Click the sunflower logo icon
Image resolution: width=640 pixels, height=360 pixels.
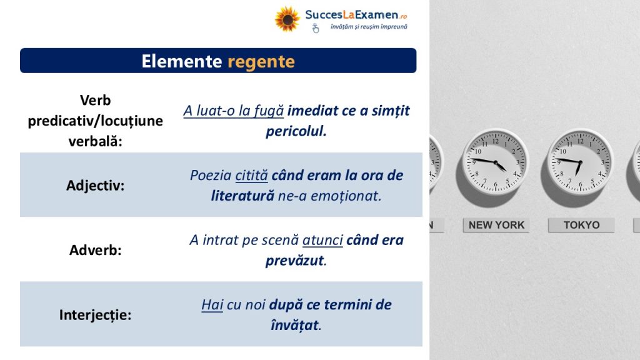coord(287,19)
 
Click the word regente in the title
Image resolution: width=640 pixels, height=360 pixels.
coord(261,62)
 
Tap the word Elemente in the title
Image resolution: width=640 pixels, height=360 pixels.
coord(182,61)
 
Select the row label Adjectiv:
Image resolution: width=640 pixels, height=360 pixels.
coord(95,186)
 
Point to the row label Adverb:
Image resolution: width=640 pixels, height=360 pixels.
coord(95,250)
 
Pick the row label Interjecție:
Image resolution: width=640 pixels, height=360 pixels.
coord(95,315)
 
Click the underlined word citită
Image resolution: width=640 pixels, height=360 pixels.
coord(251,176)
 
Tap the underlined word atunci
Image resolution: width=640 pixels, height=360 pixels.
coord(322,240)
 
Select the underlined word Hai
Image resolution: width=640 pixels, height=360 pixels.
coord(212,304)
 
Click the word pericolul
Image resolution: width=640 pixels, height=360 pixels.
coord(296,131)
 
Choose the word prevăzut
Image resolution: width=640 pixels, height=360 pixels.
coord(295,261)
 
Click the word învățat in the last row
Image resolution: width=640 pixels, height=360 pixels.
coord(294,325)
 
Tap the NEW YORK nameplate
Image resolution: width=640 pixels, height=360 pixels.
coord(496,225)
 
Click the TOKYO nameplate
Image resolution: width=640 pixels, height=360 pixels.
coord(581,225)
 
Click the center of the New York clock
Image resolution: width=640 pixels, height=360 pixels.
coord(496,162)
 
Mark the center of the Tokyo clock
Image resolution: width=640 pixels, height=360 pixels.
coord(580,162)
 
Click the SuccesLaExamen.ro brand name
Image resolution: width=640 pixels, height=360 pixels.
coord(356,15)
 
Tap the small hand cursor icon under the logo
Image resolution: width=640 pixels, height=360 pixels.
coord(316,28)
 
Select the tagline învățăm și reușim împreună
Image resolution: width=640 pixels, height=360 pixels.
coord(369,27)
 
